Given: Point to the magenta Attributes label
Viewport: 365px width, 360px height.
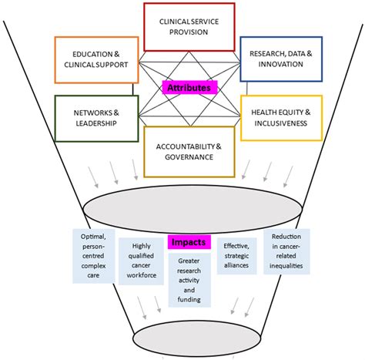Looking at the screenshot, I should (188, 88).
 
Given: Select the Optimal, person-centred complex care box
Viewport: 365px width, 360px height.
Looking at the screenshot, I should (92, 254).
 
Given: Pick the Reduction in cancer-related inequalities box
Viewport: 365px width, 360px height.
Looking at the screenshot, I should (286, 254).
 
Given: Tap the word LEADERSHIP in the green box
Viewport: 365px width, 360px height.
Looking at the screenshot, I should (88, 123).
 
